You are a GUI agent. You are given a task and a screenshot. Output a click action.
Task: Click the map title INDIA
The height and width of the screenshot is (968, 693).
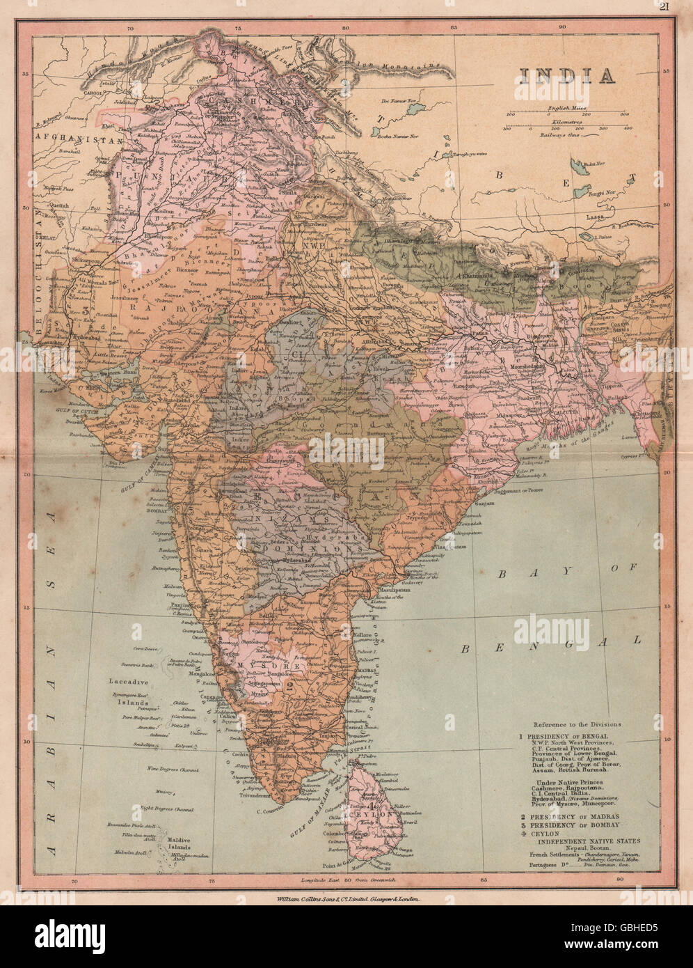(555, 75)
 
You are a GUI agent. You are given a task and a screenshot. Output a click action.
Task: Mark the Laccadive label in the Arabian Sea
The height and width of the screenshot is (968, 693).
(125, 680)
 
